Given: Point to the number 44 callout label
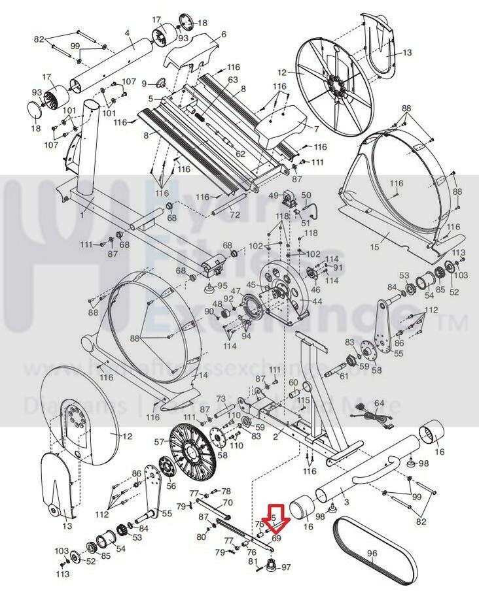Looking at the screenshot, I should point(317,301).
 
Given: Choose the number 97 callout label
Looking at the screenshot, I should point(285,568).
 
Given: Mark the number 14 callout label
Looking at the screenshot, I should point(202,375).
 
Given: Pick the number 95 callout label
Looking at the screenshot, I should point(222,285).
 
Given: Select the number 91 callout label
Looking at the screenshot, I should point(338,267).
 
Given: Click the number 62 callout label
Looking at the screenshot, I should point(240,154).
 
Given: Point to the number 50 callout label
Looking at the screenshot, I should point(306,195).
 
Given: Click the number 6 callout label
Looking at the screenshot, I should point(223,34).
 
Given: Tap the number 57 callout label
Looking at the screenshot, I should point(159,443).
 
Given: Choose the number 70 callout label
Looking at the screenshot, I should point(228,503).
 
